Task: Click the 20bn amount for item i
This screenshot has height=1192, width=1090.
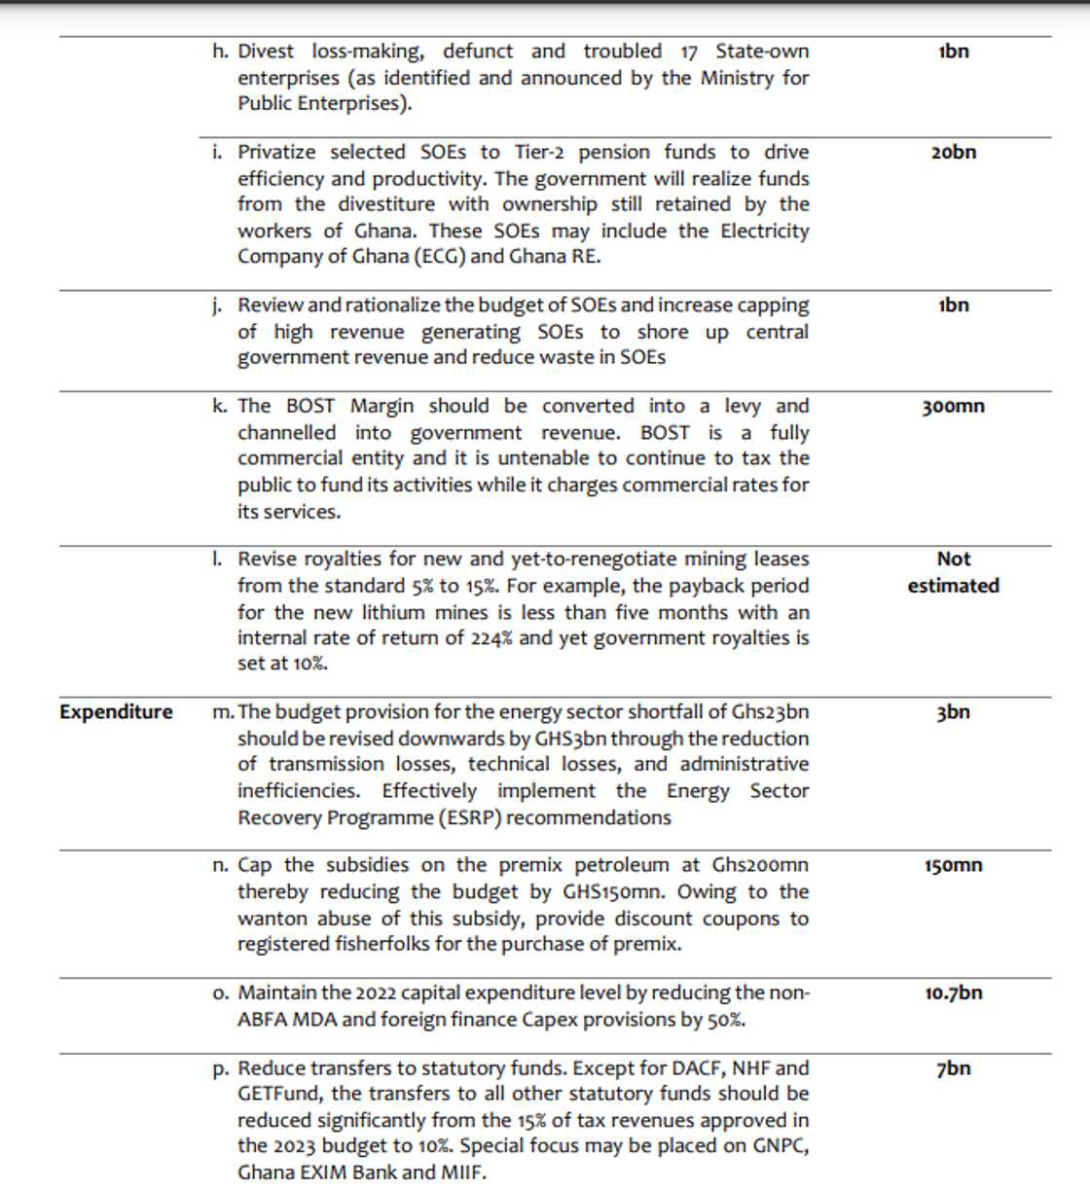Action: coord(953,152)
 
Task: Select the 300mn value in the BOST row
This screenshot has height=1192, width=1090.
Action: coord(953,406)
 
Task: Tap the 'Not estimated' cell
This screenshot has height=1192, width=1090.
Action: coord(953,572)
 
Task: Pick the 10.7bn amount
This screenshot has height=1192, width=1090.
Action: coord(953,993)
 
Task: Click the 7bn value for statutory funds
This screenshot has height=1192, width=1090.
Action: coord(953,1067)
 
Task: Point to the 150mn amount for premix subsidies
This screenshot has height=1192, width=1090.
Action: coord(953,865)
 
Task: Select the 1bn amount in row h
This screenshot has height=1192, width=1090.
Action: coord(953,51)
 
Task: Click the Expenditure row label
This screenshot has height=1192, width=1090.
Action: coord(116,711)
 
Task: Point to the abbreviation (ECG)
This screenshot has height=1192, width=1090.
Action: coord(440,257)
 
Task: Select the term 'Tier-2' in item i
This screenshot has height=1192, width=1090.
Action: coord(547,152)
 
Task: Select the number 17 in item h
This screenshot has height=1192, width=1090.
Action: coord(689,51)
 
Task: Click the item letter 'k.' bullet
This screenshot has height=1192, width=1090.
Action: coord(219,406)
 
